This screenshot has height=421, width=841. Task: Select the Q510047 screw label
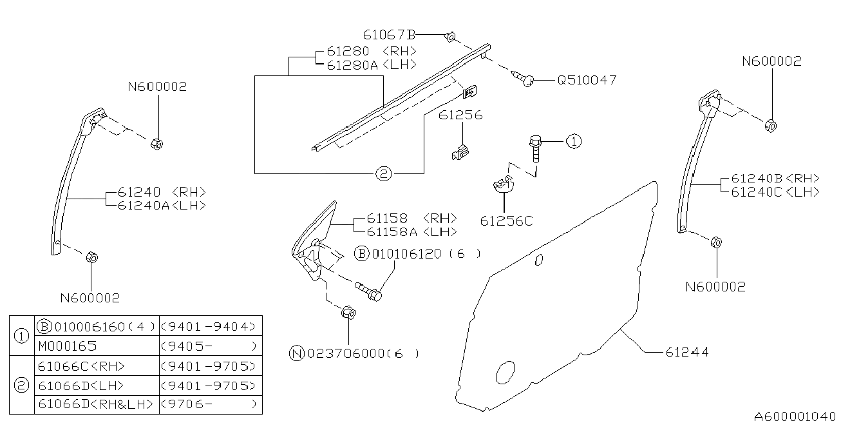pyautogui.click(x=587, y=80)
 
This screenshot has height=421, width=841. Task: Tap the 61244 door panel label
pyautogui.click(x=687, y=352)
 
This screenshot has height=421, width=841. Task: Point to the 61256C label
pyautogui.click(x=507, y=221)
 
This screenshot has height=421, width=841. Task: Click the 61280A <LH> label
pyautogui.click(x=372, y=65)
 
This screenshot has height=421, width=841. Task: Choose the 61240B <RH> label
pyautogui.click(x=775, y=178)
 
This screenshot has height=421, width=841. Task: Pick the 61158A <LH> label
pyautogui.click(x=412, y=231)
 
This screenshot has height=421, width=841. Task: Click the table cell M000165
pyautogui.click(x=68, y=346)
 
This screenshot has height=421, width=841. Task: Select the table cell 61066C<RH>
pyautogui.click(x=82, y=366)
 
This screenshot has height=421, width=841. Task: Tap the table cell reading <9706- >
pyautogui.click(x=209, y=404)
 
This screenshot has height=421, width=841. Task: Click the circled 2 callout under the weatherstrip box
pyautogui.click(x=383, y=173)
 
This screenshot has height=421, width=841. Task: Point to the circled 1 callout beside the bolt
pyautogui.click(x=574, y=141)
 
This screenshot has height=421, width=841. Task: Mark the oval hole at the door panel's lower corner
pyautogui.click(x=506, y=373)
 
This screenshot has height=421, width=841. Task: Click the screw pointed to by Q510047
pyautogui.click(x=523, y=78)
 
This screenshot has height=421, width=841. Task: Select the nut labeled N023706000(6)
pyautogui.click(x=348, y=313)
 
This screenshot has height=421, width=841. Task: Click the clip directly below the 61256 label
pyautogui.click(x=460, y=152)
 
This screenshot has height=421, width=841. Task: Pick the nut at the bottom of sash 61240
pyautogui.click(x=92, y=257)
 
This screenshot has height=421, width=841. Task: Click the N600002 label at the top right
pyautogui.click(x=772, y=61)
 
